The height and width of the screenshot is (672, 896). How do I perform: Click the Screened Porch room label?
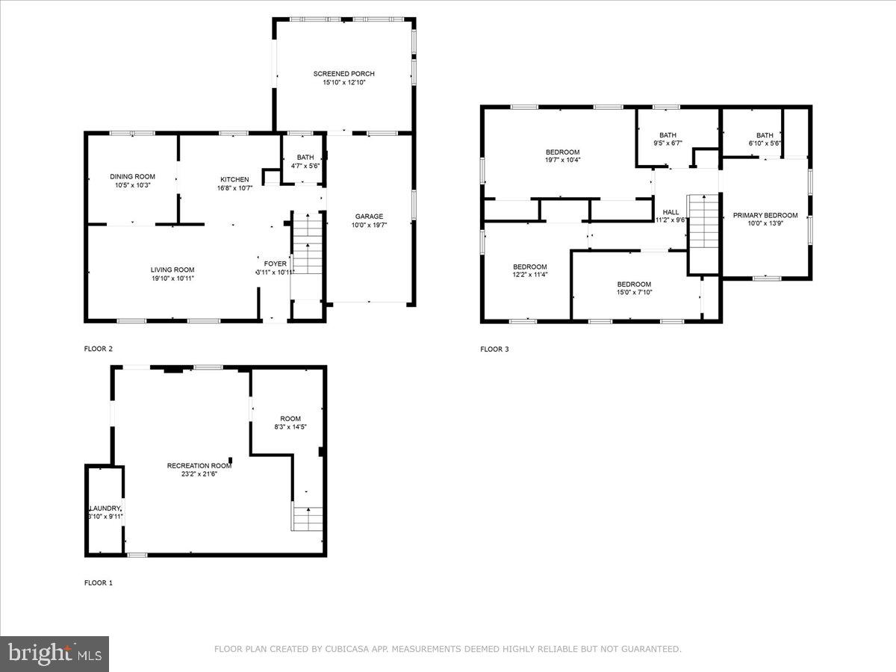coord(343,74)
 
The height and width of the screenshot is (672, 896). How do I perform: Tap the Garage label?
coord(369,217)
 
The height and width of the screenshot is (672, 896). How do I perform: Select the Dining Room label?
coord(133,177)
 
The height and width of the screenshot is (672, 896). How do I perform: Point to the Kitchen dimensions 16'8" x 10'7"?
coord(234,188)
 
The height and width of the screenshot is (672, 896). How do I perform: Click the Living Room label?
coord(172,270)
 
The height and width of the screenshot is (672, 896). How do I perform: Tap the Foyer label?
coord(275,264)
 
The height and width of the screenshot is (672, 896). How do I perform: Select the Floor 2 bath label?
coord(305,158)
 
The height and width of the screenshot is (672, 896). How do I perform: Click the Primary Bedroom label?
coord(765,215)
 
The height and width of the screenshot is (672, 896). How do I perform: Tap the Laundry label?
coord(105,508)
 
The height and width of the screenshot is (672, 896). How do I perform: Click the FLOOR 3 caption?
coord(494,349)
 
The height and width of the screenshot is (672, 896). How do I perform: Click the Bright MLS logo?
coord(55,654)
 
